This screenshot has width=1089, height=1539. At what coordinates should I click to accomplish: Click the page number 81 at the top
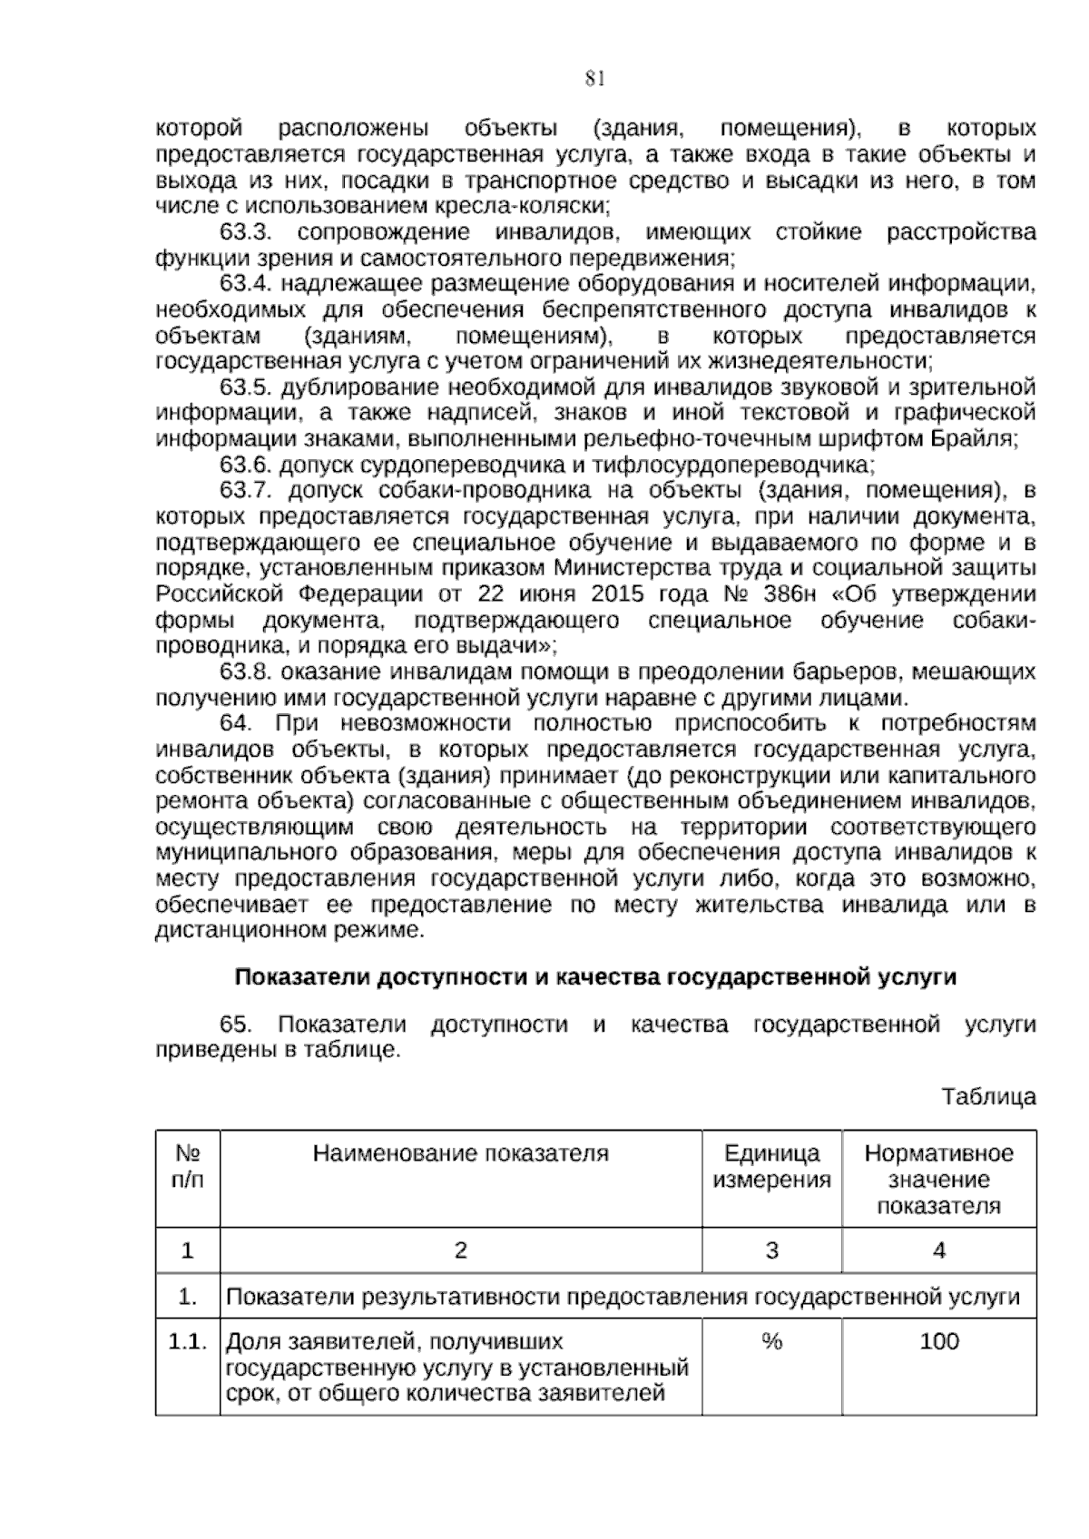click(594, 79)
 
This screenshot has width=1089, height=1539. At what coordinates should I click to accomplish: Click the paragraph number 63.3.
click(247, 232)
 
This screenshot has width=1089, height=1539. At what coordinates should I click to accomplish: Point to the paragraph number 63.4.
click(247, 284)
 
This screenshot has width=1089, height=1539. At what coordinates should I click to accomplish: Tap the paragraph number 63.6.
click(247, 466)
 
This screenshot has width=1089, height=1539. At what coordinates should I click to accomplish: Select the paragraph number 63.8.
click(247, 672)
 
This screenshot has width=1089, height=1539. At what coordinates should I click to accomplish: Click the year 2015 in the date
click(617, 595)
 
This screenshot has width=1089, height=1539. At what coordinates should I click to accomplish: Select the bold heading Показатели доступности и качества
click(595, 977)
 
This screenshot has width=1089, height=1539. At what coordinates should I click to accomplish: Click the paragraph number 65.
click(235, 1024)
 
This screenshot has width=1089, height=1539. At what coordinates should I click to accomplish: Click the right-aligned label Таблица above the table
click(988, 1096)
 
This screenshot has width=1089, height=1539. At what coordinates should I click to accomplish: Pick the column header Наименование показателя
click(460, 1153)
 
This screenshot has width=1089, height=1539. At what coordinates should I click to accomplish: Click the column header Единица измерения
click(771, 1167)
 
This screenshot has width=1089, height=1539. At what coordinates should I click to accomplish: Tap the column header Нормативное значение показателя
click(938, 1180)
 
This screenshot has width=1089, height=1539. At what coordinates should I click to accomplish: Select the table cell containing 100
click(938, 1341)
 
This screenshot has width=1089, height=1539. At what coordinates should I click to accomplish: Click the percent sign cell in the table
click(771, 1341)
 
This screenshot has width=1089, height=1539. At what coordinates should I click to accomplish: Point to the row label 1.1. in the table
click(187, 1341)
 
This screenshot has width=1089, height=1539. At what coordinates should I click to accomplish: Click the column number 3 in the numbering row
click(771, 1250)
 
